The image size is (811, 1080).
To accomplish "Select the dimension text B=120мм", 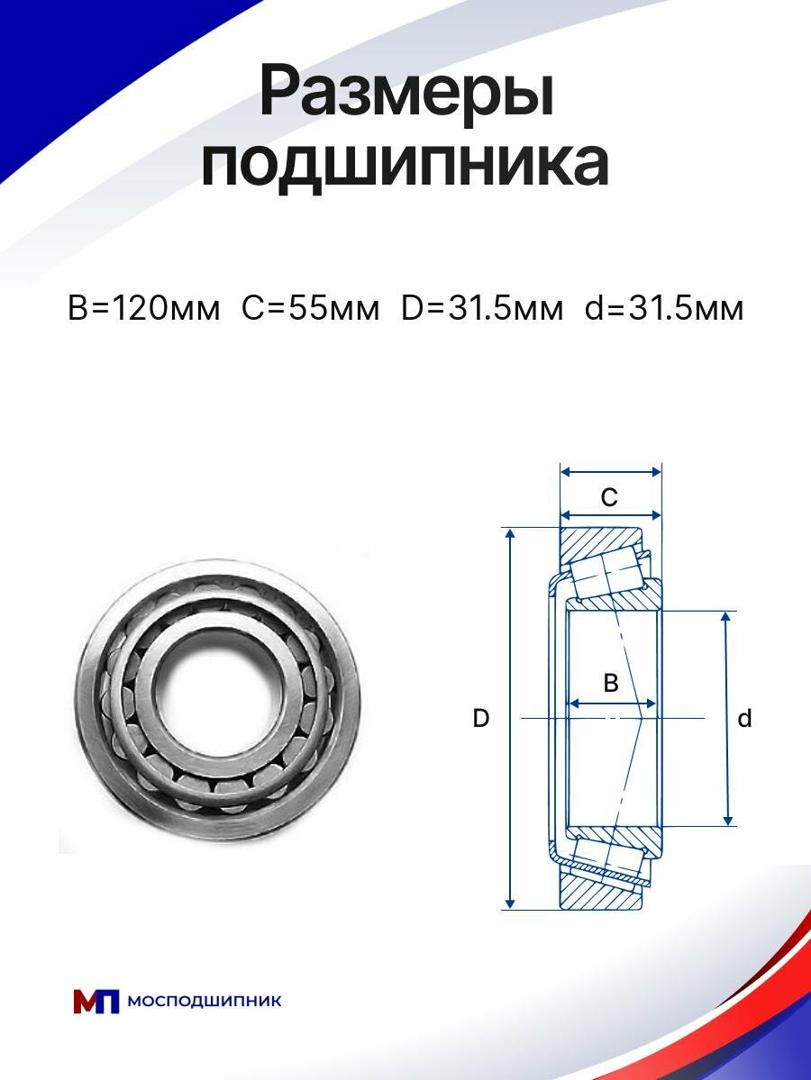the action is click(143, 308).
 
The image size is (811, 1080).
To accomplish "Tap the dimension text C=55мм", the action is click(310, 308).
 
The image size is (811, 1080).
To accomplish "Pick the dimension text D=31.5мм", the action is click(481, 308).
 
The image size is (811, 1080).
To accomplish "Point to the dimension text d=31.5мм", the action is click(664, 308).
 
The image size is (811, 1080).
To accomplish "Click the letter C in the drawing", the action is click(609, 496).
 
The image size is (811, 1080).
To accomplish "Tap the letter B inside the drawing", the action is click(610, 683).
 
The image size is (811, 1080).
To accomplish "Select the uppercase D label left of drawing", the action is click(481, 719).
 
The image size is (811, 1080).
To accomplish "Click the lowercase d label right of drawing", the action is click(744, 719).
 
